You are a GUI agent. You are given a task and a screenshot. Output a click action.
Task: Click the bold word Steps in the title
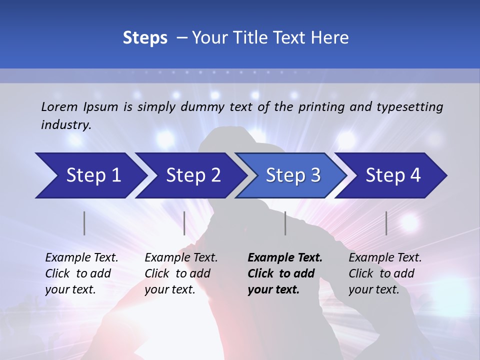click(145, 38)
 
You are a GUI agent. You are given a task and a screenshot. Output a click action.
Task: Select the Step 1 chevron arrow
click(90, 175)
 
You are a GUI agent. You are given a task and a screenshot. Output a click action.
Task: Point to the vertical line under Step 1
click(84, 223)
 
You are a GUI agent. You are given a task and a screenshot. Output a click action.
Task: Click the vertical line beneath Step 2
click(184, 223)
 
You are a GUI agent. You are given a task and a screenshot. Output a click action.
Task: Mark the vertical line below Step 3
click(285, 223)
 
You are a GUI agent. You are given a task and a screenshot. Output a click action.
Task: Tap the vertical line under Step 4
click(386, 223)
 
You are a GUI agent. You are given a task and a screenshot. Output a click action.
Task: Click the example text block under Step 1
click(81, 273)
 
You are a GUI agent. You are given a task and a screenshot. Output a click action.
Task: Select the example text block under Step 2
click(181, 273)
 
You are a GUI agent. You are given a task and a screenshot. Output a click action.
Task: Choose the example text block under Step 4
click(385, 273)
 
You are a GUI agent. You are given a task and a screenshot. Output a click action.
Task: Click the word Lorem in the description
click(60, 107)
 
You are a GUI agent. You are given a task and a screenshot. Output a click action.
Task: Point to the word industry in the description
click(65, 125)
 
